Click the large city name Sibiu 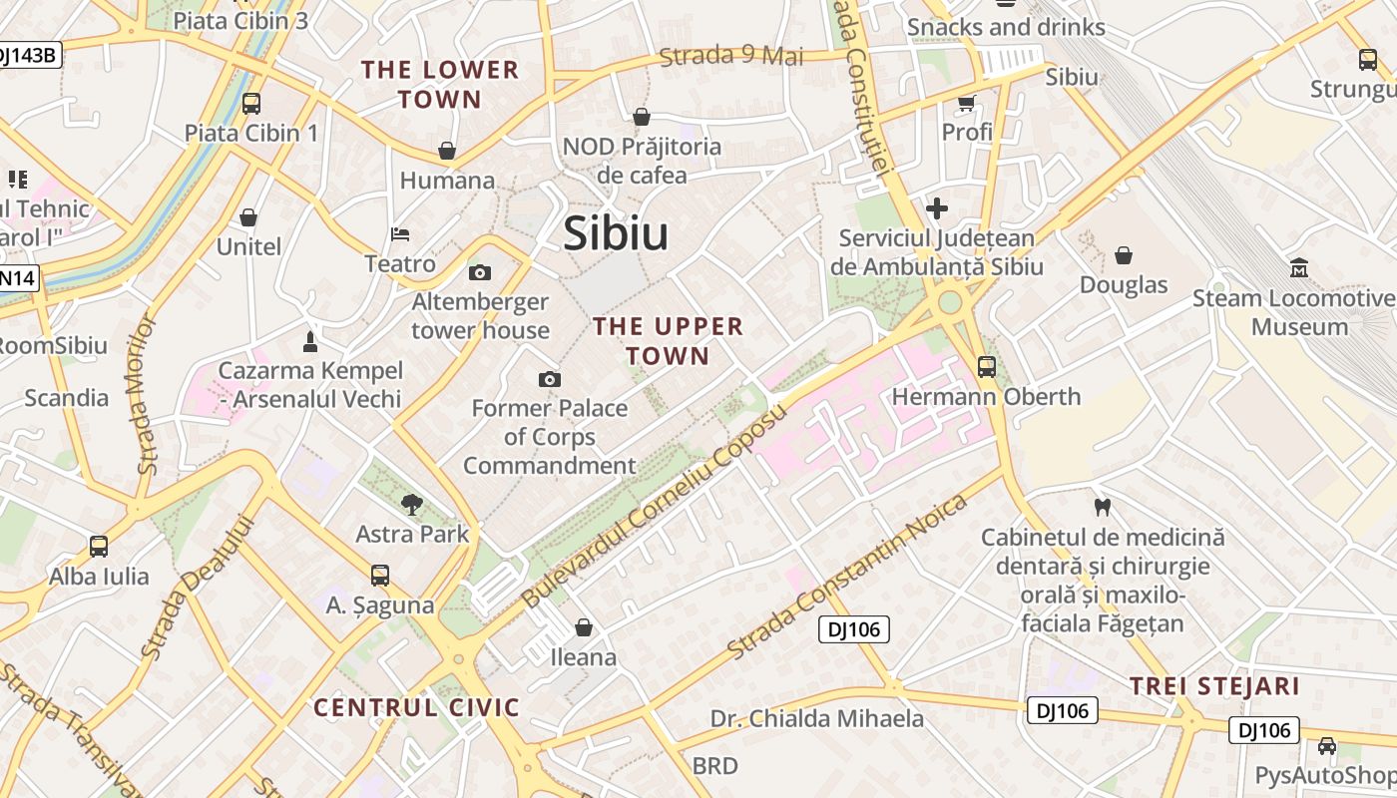point(616,233)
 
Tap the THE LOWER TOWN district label point(440,85)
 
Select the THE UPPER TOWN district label point(668,341)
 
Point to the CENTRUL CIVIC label point(417,708)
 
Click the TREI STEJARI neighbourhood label point(1214,686)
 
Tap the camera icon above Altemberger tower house point(480,272)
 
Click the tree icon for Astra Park point(411,505)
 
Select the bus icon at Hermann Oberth point(987,367)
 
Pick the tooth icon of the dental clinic point(1103,507)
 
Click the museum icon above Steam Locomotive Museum point(1299,268)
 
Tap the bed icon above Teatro point(400,234)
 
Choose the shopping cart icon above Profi point(966,103)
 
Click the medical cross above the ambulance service point(936,208)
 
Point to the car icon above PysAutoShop point(1327,746)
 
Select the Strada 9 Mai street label point(731,56)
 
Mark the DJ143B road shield point(27,55)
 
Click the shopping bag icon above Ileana point(584,627)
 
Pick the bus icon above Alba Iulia point(99,547)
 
